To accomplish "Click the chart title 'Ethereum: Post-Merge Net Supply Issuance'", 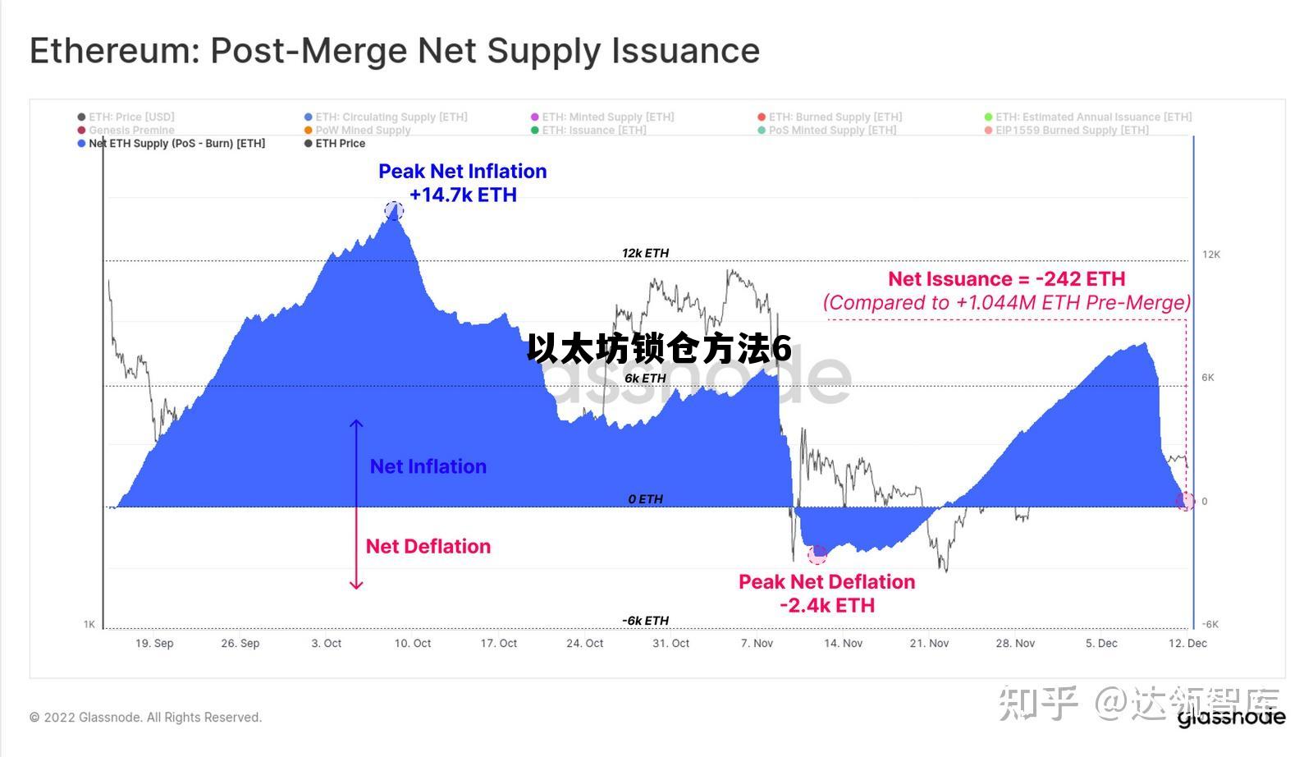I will pyautogui.click(x=395, y=51).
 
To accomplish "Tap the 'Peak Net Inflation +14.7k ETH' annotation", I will pyautogui.click(x=463, y=183).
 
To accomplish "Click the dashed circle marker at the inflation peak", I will pyautogui.click(x=394, y=210).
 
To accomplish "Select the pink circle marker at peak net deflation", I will pyautogui.click(x=817, y=555).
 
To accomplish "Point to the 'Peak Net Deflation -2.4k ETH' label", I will pyautogui.click(x=826, y=593).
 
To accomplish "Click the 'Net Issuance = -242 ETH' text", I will pyautogui.click(x=1006, y=279).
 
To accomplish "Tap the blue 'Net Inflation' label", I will pyautogui.click(x=428, y=466).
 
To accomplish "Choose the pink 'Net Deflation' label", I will pyautogui.click(x=428, y=546).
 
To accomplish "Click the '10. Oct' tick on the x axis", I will pyautogui.click(x=413, y=643).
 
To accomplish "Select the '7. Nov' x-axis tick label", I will pyautogui.click(x=757, y=643).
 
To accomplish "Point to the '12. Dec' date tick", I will pyautogui.click(x=1187, y=643).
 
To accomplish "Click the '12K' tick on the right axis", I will pyautogui.click(x=1211, y=255).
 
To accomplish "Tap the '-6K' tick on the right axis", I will pyautogui.click(x=1210, y=624).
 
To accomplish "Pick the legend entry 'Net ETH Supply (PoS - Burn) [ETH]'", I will pyautogui.click(x=176, y=144).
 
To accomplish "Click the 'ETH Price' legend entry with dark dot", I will pyautogui.click(x=340, y=144).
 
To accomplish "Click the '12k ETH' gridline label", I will pyautogui.click(x=645, y=253).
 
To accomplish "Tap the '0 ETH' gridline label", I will pyautogui.click(x=645, y=499).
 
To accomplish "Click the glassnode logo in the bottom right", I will pyautogui.click(x=1231, y=718).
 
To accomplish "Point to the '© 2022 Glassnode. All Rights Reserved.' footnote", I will pyautogui.click(x=146, y=718).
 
